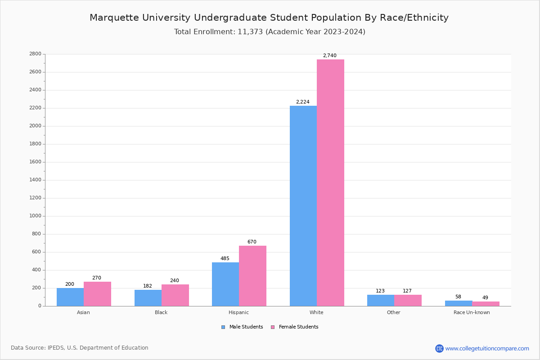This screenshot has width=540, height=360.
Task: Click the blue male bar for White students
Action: (303, 206)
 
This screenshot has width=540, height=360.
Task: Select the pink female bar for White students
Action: (330, 183)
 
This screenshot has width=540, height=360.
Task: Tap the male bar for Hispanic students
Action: (225, 284)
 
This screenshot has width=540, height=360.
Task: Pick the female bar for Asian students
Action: (97, 294)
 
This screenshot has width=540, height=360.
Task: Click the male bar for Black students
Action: (148, 298)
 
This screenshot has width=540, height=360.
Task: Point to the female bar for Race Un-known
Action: (486, 304)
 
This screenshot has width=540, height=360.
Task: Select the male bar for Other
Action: (381, 301)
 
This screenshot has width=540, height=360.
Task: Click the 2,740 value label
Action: (329, 56)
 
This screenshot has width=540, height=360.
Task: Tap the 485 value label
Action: (225, 259)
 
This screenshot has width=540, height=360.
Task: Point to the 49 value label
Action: (485, 298)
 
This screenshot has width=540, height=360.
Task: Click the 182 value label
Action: (148, 286)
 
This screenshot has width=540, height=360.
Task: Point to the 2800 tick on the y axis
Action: (35, 54)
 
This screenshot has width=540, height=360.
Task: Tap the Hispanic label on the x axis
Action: (238, 313)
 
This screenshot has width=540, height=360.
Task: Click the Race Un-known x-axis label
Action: (472, 313)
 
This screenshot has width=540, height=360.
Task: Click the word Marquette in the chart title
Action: (114, 18)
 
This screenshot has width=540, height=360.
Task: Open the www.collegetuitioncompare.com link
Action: (487, 349)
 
